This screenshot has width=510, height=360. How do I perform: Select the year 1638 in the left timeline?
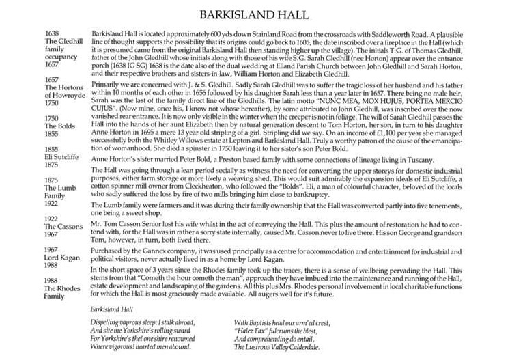click(x=52, y=33)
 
